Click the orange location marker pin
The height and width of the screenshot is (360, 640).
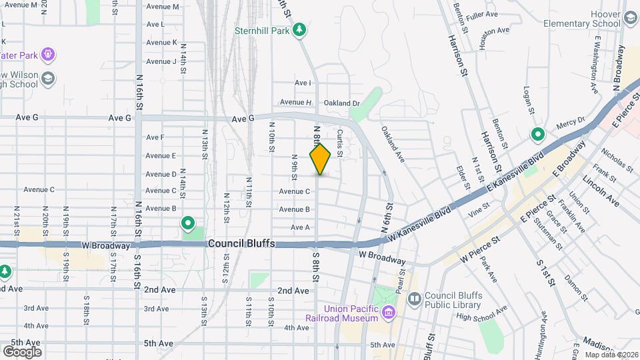(320, 159)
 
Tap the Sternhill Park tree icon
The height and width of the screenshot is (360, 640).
(300, 29)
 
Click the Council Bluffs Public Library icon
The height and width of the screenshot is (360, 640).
(414, 298)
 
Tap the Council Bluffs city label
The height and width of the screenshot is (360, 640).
(241, 244)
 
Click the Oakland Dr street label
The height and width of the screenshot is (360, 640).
(341, 103)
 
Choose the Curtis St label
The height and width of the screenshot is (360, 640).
(340, 143)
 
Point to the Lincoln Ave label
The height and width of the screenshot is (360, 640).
(601, 193)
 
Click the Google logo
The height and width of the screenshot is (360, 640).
(22, 351)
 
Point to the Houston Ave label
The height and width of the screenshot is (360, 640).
(495, 31)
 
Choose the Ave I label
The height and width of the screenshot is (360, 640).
(303, 83)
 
